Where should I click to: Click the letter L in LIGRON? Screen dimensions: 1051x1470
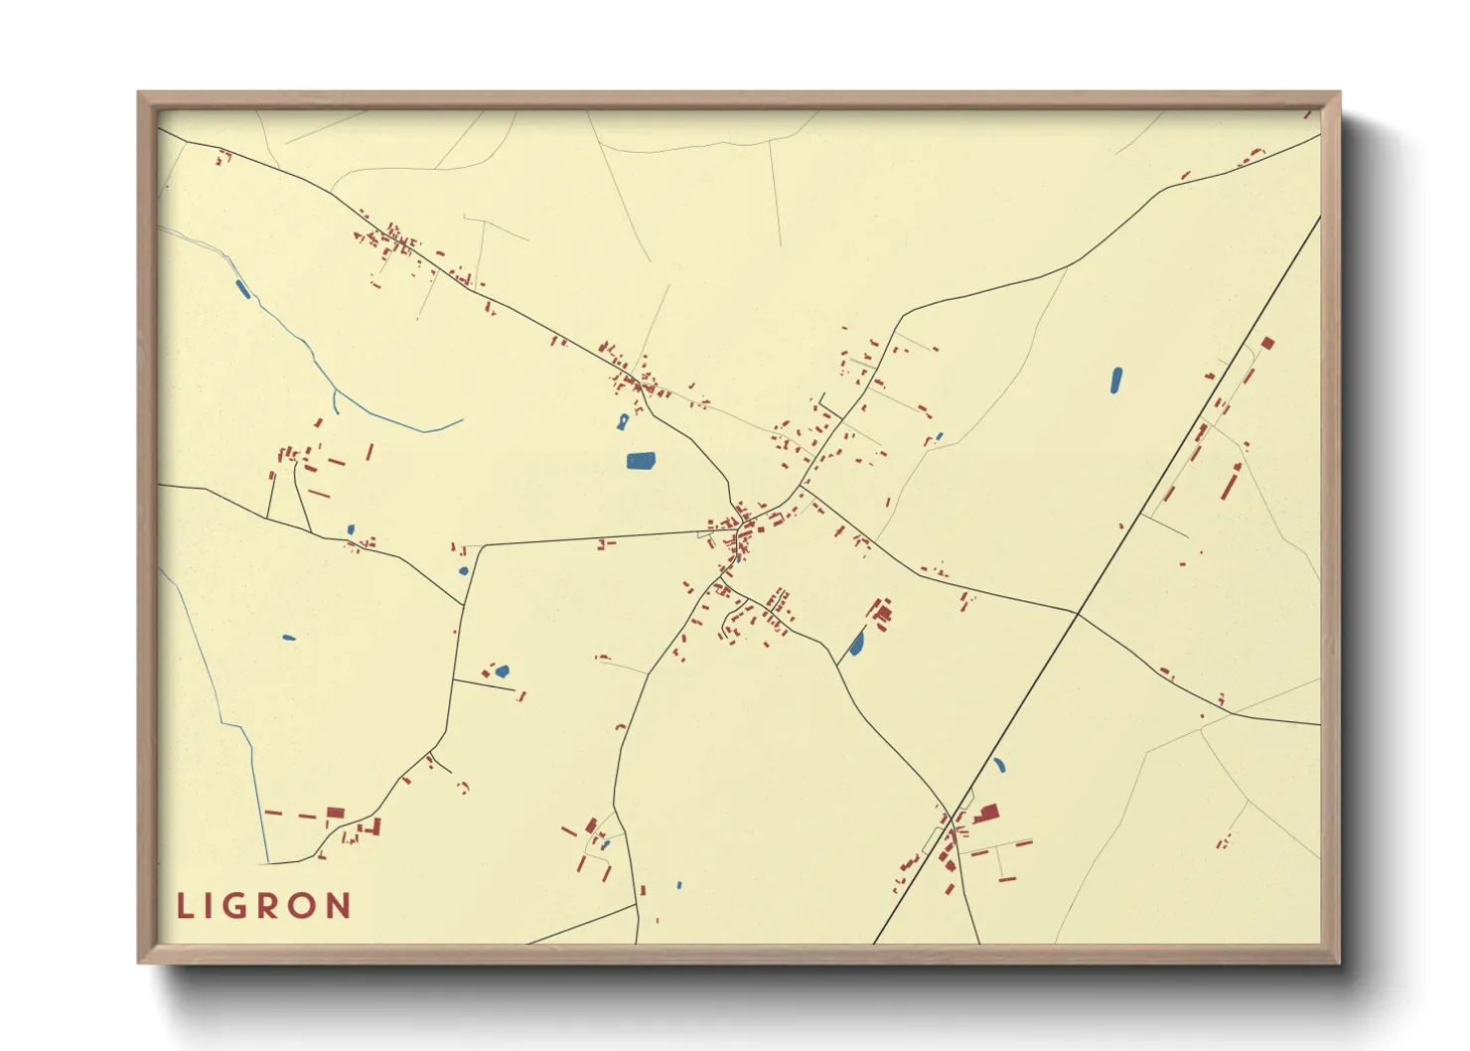[184, 906]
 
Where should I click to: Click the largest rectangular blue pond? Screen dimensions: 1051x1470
[641, 460]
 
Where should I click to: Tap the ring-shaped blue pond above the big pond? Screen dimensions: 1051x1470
[623, 421]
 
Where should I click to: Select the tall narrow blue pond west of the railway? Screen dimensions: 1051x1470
[1115, 379]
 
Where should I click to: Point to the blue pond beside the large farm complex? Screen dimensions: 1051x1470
[856, 644]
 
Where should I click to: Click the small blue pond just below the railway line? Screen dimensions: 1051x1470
[998, 765]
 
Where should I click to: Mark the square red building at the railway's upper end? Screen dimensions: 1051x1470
[1267, 344]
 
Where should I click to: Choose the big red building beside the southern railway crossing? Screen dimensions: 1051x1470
[987, 815]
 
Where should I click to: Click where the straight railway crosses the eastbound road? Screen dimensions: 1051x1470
[1078, 614]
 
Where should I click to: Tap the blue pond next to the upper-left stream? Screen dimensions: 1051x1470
[241, 289]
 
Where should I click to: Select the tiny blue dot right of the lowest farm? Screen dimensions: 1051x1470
[679, 885]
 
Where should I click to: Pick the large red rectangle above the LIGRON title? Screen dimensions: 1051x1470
[336, 813]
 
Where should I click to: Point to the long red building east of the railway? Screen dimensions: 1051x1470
[1232, 482]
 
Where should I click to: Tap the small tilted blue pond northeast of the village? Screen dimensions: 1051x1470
[939, 436]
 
